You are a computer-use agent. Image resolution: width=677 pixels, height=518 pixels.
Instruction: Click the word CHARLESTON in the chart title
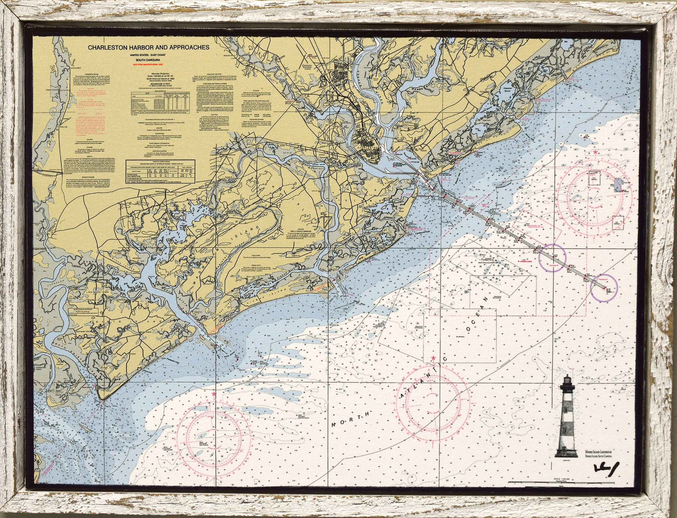point(108,48)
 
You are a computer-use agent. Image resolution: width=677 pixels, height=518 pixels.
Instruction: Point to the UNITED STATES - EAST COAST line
point(148,56)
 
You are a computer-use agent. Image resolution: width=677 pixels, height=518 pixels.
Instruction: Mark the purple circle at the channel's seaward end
point(604,288)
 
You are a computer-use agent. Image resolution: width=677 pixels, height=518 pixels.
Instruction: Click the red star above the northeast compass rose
point(596,152)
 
